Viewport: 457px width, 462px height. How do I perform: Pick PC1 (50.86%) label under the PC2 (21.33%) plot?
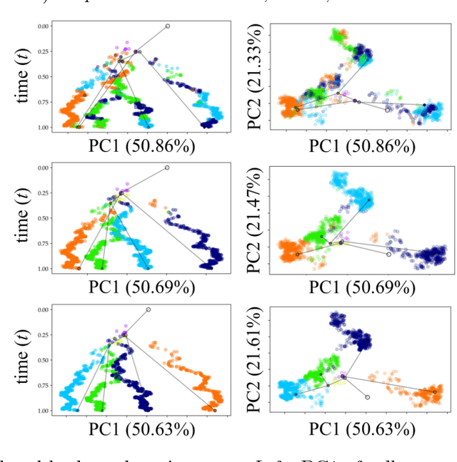[x=361, y=147]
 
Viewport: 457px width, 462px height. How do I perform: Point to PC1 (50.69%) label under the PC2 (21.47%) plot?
[x=361, y=288]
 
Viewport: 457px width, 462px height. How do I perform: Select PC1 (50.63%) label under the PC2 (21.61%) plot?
[x=361, y=429]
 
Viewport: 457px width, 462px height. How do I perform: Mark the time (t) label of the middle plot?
[x=26, y=218]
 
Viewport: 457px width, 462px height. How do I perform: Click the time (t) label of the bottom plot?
[x=26, y=359]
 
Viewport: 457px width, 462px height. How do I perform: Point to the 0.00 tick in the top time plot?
[x=45, y=26]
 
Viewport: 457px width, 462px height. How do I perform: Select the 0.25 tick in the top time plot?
[x=45, y=51]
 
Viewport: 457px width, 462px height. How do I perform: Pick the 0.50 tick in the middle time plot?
[x=45, y=218]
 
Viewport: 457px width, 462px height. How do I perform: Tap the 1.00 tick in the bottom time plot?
[x=45, y=411]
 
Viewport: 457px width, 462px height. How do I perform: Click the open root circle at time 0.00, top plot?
[x=168, y=26]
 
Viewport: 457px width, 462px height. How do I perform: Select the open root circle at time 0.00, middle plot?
[x=167, y=168]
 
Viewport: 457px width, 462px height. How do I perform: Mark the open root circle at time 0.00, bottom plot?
[x=149, y=309]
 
